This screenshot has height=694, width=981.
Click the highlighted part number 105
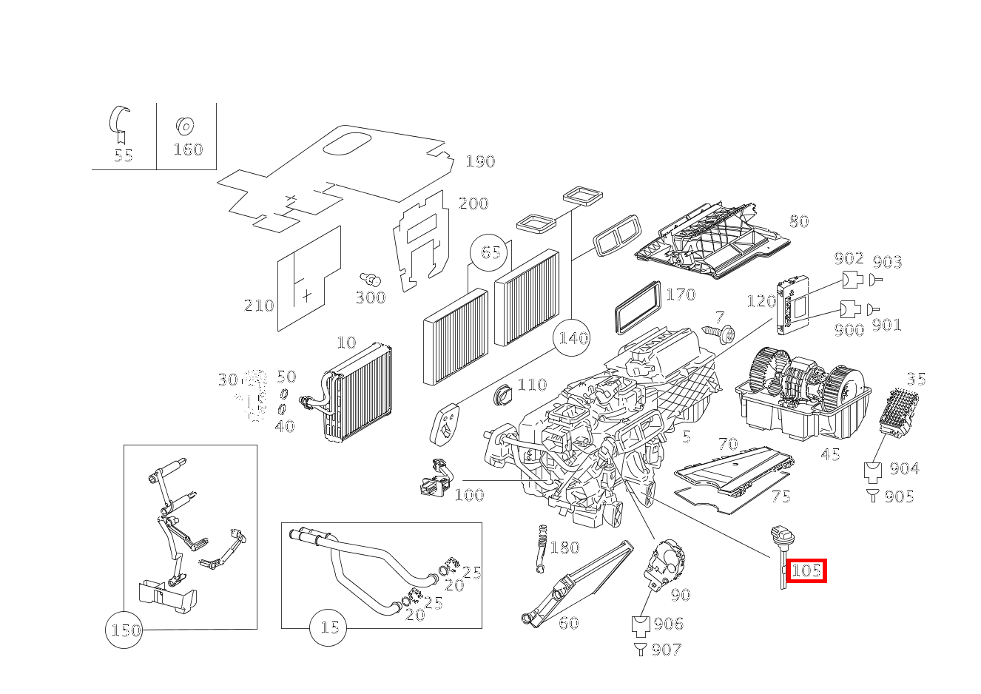[806, 570]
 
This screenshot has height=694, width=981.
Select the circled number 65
[491, 252]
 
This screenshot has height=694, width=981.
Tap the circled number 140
[573, 338]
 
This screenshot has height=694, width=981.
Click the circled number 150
[124, 630]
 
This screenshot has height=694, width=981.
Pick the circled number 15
[329, 627]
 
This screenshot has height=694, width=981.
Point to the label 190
[480, 161]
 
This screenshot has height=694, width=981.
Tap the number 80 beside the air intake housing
[798, 220]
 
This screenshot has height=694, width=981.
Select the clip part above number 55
[120, 123]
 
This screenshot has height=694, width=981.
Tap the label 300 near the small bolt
[370, 297]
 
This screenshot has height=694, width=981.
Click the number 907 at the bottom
[667, 650]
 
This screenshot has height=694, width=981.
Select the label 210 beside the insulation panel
[259, 306]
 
